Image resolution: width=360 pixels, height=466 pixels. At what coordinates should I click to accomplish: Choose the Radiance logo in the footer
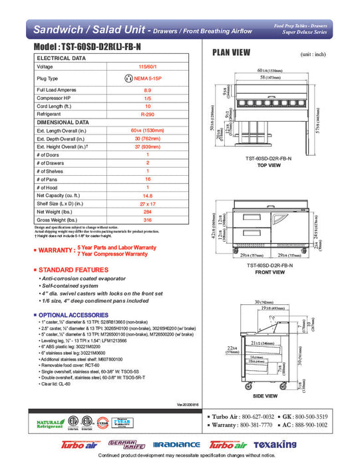176,445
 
